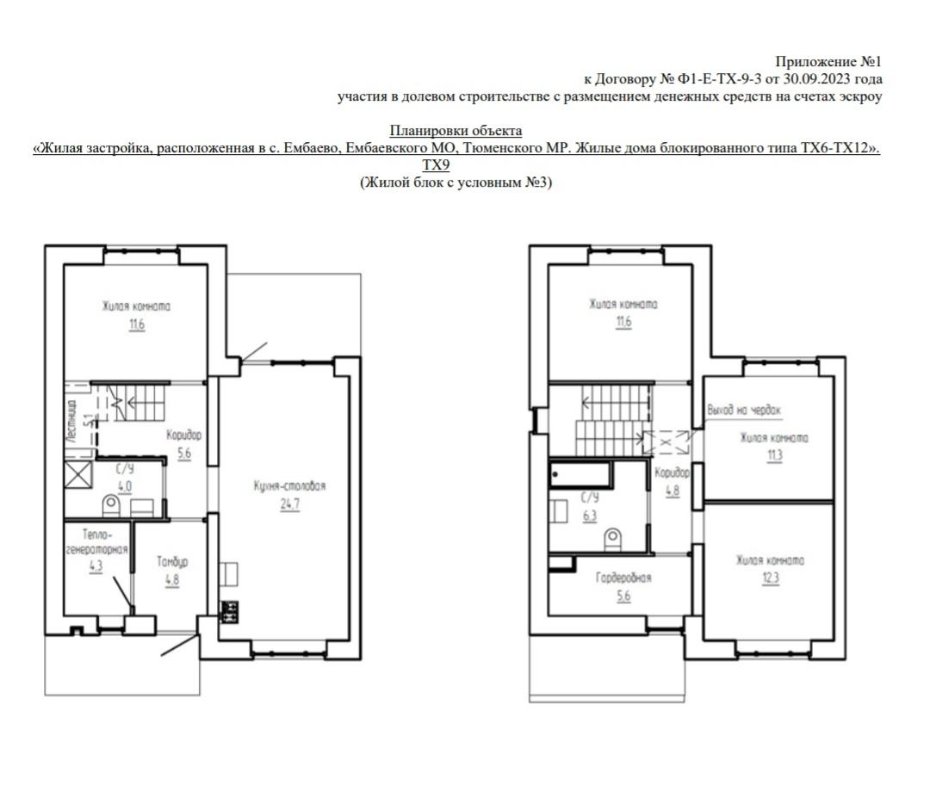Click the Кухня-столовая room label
[289, 486]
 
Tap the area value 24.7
[290, 504]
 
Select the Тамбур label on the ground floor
[172, 562]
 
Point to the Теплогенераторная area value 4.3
[96, 566]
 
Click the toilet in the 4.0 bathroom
[111, 505]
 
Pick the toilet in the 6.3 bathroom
[613, 540]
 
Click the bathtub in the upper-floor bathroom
[580, 474]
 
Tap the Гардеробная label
[623, 578]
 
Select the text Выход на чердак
[744, 410]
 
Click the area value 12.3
[771, 578]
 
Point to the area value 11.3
[775, 455]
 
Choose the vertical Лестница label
[71, 422]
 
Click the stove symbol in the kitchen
[229, 612]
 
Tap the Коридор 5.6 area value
[184, 454]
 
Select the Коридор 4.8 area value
[672, 491]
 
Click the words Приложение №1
[828, 62]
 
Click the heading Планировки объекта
[456, 130]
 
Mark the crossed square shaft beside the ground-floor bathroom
[79, 475]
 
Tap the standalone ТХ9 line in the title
[436, 164]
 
